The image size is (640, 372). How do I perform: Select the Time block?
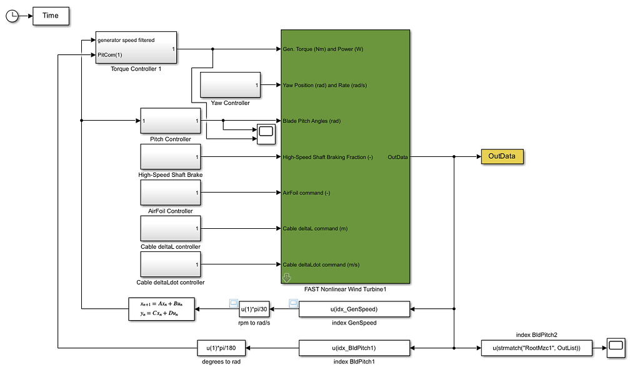[x=51, y=16]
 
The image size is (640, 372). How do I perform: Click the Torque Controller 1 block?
[x=136, y=48]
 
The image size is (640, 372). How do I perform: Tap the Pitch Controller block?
[x=170, y=121]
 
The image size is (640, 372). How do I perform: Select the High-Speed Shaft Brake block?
[x=170, y=156]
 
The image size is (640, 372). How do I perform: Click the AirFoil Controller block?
[x=170, y=193]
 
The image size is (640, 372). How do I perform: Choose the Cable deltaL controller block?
[x=170, y=229]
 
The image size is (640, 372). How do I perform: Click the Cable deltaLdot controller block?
[x=170, y=264]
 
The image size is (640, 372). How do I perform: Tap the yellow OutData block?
[x=502, y=156]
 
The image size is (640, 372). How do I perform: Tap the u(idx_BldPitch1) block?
[x=354, y=347]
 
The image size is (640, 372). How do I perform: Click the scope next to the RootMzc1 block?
[x=616, y=347]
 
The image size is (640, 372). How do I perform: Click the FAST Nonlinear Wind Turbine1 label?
[x=346, y=288]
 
